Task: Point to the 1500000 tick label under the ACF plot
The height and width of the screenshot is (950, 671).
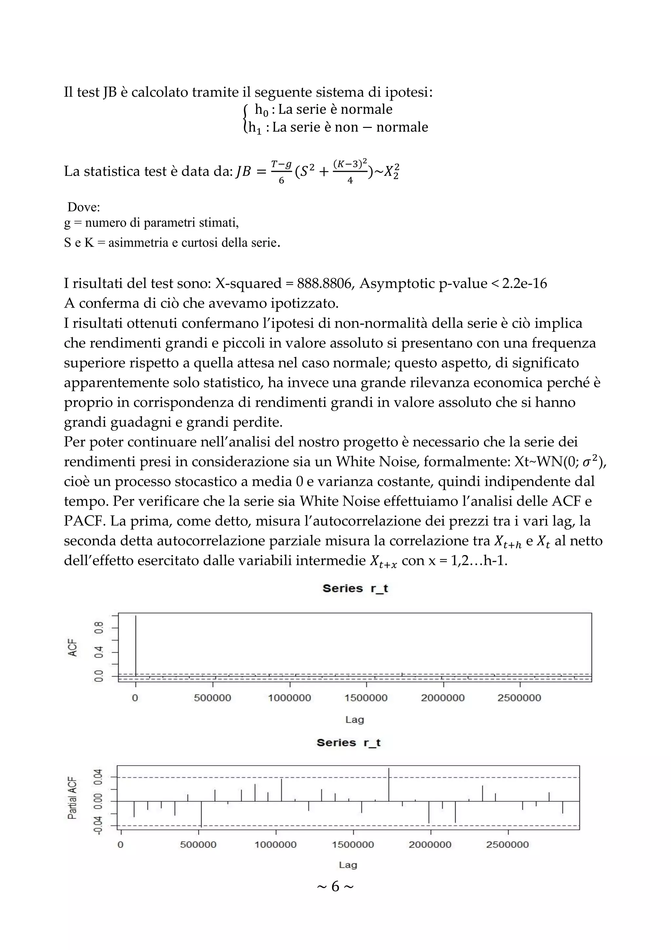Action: [366, 698]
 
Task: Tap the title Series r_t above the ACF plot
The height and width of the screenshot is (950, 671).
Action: [355, 588]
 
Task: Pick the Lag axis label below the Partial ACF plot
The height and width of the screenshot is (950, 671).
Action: [348, 864]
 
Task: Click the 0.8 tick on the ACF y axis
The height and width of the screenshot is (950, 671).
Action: [98, 628]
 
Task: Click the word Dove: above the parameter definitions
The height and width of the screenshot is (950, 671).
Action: [84, 207]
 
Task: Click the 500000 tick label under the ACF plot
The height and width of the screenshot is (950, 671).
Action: [213, 698]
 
